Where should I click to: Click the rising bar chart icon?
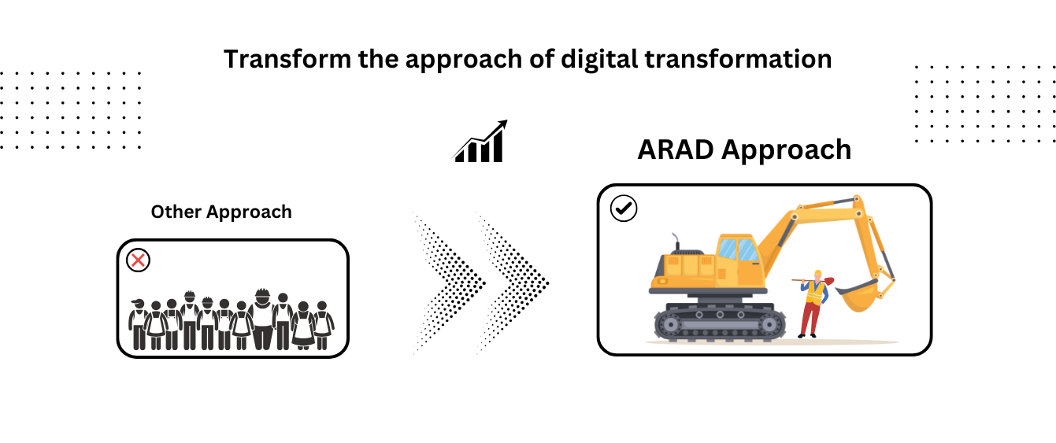pyautogui.click(x=480, y=142)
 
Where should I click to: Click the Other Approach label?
pyautogui.click(x=221, y=212)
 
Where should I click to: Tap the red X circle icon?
pyautogui.click(x=139, y=260)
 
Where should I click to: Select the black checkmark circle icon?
pyautogui.click(x=624, y=209)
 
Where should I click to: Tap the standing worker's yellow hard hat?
pyautogui.click(x=817, y=274)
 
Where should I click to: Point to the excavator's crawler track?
pyautogui.click(x=720, y=323)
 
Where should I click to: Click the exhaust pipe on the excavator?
pyautogui.click(x=674, y=242)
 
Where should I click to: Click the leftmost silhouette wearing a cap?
pyautogui.click(x=139, y=324)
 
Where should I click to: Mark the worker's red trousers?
pyautogui.click(x=809, y=319)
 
